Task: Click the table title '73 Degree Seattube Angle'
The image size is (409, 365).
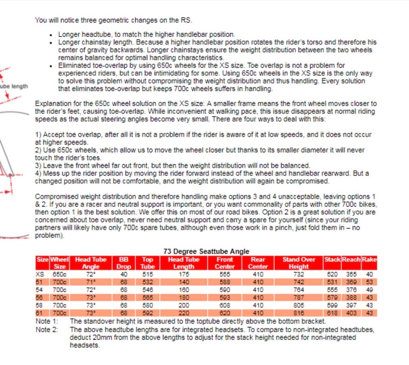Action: click(x=206, y=252)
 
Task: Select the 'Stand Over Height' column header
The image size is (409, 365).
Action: click(x=299, y=263)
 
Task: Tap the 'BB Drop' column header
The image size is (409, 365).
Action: click(x=124, y=263)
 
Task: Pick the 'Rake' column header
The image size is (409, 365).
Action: click(x=369, y=259)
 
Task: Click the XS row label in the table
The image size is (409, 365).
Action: click(x=40, y=275)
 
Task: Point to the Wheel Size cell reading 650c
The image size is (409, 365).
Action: click(x=60, y=275)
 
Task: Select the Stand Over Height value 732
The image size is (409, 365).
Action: click(x=299, y=275)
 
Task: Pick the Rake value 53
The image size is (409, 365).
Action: click(x=369, y=282)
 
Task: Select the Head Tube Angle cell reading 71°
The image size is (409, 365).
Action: click(x=91, y=282)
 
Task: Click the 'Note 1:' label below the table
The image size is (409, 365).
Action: click(x=46, y=321)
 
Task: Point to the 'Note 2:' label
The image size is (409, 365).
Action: click(x=46, y=329)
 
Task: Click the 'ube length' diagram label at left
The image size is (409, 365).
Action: click(x=14, y=86)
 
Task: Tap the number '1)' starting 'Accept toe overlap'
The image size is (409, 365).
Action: click(x=38, y=135)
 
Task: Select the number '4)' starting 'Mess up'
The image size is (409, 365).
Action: click(x=38, y=174)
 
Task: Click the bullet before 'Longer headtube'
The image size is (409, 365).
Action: click(x=52, y=35)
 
